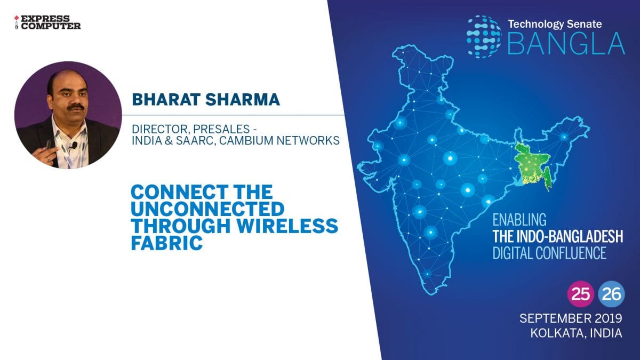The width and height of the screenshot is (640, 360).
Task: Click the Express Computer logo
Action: [47, 22]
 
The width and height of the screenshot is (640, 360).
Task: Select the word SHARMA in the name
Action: [242, 99]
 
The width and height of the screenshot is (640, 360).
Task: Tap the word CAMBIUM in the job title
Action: [259, 141]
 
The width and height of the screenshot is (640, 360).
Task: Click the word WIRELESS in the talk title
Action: [287, 226]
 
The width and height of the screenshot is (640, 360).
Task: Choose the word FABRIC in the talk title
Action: [166, 243]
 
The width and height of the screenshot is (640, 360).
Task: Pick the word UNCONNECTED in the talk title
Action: [207, 209]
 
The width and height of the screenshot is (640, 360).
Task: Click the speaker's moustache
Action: [76, 107]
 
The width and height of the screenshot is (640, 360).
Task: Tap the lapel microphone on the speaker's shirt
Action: [74, 146]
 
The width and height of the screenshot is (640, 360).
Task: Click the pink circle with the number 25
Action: [581, 294]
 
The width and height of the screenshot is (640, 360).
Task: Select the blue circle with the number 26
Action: [611, 294]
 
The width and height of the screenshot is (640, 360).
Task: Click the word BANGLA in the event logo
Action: [566, 43]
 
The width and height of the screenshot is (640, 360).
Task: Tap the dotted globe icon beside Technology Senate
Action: [484, 37]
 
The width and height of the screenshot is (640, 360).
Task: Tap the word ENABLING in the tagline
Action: [519, 220]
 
